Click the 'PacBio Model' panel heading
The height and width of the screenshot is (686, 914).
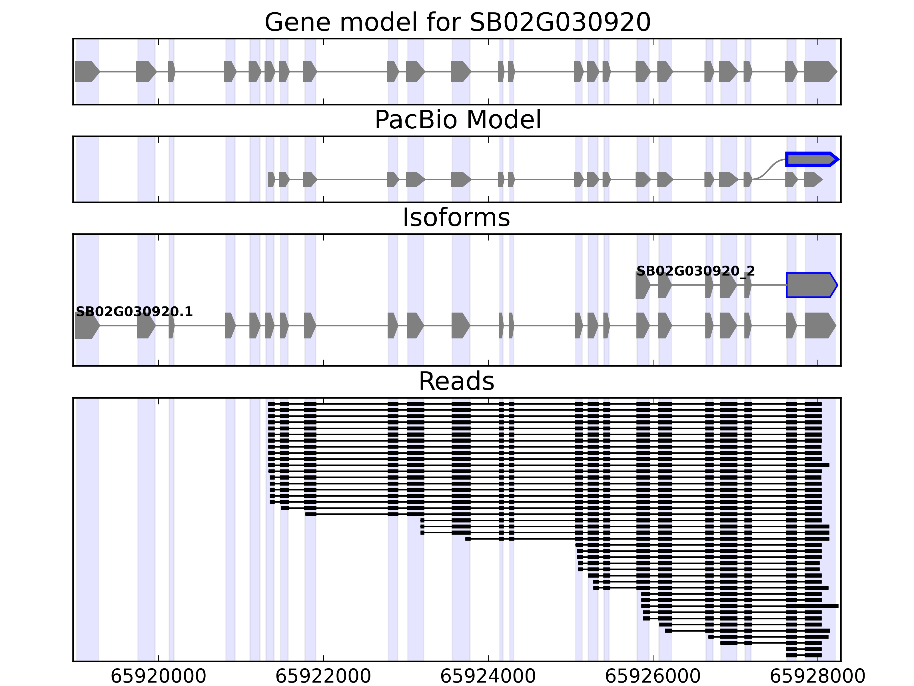click(x=457, y=120)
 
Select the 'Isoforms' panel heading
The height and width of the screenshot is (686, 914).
click(x=456, y=218)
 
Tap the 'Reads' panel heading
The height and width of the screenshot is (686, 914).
click(x=456, y=381)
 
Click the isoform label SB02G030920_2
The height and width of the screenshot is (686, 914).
click(x=695, y=271)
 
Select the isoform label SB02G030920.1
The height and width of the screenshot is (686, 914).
click(x=134, y=312)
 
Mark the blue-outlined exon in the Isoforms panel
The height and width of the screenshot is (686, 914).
click(x=810, y=285)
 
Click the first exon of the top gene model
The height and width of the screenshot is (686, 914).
click(x=86, y=71)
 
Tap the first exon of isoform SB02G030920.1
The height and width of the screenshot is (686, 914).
click(x=86, y=326)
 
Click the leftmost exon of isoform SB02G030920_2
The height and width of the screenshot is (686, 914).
click(x=642, y=285)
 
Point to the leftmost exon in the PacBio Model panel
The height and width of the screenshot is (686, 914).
click(x=271, y=180)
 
